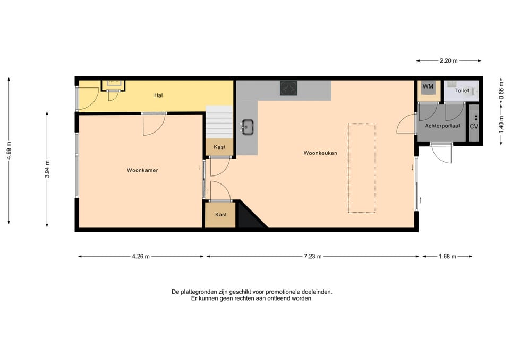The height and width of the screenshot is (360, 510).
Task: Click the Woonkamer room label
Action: click(142, 170)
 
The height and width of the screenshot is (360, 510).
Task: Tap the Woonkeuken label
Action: click(320, 153)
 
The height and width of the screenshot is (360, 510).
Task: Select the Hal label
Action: click(158, 95)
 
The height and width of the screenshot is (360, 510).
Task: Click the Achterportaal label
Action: click(442, 126)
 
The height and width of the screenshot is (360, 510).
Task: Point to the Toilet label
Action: click(462, 91)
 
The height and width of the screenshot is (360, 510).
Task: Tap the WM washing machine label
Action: click(428, 86)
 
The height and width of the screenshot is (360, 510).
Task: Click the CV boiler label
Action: click(474, 126)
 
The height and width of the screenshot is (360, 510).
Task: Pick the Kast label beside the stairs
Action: click(219, 147)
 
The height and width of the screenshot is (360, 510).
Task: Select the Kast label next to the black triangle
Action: click(221, 215)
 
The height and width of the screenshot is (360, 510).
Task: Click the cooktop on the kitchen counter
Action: click(289, 89)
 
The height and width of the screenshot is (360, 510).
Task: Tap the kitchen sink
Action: click(248, 127)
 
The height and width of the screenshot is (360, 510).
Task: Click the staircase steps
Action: click(219, 122)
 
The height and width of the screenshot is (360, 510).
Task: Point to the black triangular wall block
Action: click(249, 217)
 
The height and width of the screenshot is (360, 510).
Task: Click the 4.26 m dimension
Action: click(141, 257)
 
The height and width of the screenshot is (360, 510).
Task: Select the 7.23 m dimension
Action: click(313, 257)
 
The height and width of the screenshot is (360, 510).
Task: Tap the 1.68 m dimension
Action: click(447, 257)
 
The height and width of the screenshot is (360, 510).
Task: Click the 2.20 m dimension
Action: click(449, 60)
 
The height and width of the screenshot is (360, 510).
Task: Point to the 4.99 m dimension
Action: click(9, 151)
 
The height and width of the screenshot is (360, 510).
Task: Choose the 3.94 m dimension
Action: click(47, 169)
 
